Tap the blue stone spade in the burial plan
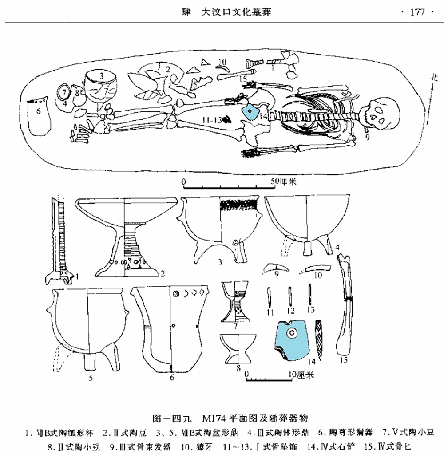(251, 112)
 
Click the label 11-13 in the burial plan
(213, 119)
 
